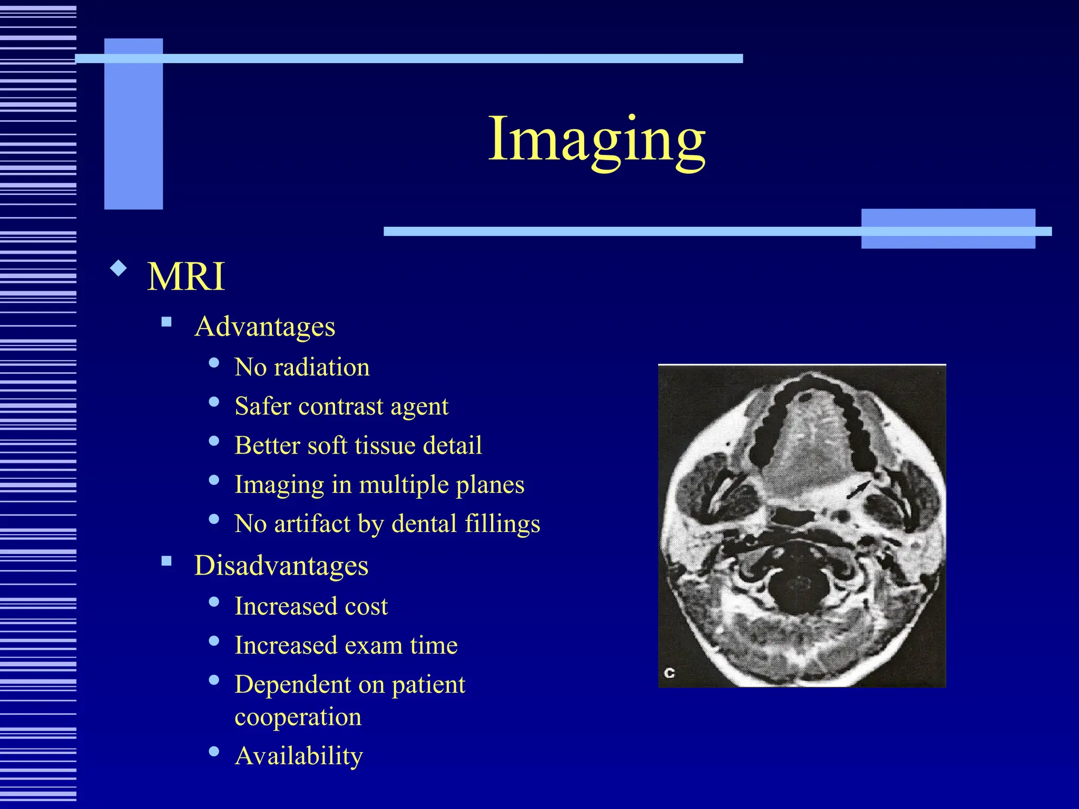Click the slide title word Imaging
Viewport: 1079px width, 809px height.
coord(596,139)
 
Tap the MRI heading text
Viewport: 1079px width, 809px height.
coord(186,277)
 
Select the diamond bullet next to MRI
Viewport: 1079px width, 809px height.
coord(119,269)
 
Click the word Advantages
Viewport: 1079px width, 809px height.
coord(264,327)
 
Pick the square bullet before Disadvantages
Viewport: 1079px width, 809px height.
coord(167,561)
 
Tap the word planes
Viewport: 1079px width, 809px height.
coord(490,485)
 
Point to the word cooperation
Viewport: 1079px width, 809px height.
coord(298,717)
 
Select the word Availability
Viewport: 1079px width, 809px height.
coord(299,756)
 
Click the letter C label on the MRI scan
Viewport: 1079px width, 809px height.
coord(670,673)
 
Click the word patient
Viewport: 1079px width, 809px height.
coord(428,685)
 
